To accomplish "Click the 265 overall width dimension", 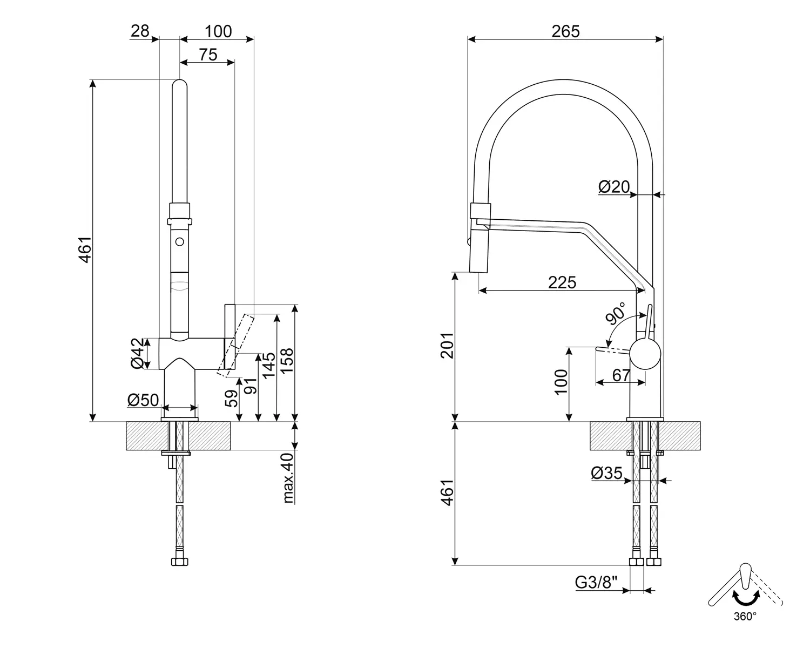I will [565, 31].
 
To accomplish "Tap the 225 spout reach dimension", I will [562, 282].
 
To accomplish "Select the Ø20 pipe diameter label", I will [614, 186].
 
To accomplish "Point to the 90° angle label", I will [616, 313].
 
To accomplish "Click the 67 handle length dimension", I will [621, 375].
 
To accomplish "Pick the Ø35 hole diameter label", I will [606, 473].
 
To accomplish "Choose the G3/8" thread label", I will [596, 583].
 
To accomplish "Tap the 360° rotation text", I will [745, 616].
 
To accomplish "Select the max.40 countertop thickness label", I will [289, 478].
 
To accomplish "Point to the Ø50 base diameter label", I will [143, 400].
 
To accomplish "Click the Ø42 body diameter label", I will [139, 354].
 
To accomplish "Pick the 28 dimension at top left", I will [139, 31].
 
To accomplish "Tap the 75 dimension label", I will [207, 55].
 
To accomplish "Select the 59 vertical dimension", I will [231, 399].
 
